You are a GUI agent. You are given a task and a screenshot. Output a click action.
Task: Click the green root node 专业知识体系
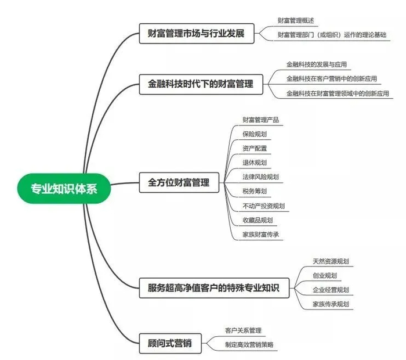(x=64, y=188)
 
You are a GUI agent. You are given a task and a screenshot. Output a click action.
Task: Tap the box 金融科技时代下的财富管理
(x=197, y=84)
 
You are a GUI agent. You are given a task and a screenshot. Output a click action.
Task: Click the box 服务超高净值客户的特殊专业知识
(x=214, y=287)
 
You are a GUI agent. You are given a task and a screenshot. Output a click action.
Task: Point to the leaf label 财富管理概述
(x=296, y=20)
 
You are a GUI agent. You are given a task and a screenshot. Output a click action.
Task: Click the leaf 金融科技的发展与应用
(x=316, y=64)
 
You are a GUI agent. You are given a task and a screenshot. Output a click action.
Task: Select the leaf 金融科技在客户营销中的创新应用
(x=331, y=78)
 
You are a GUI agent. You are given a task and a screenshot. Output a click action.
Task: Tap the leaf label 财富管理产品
(x=261, y=120)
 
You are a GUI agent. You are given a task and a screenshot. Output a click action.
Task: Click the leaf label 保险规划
(x=255, y=134)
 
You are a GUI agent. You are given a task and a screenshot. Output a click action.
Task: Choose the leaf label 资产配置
(x=255, y=148)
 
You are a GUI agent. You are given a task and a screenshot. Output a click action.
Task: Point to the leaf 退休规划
(x=255, y=163)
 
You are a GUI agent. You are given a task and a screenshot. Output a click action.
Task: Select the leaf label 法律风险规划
(x=261, y=177)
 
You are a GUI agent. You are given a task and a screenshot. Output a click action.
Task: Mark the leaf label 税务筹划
(x=255, y=191)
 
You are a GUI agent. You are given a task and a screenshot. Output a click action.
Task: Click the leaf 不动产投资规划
(x=264, y=206)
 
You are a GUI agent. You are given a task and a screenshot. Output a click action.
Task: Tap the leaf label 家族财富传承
(x=261, y=234)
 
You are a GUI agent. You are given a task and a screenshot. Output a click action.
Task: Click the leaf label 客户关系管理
(x=244, y=330)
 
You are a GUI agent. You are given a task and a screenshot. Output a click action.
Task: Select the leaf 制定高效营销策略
(x=249, y=345)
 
